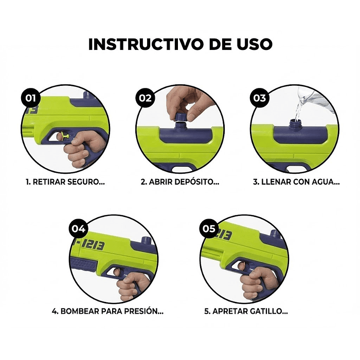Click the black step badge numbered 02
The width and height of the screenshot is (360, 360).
click(x=146, y=97)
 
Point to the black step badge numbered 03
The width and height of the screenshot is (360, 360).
click(x=260, y=97)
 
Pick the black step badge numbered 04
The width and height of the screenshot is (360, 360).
click(x=79, y=228)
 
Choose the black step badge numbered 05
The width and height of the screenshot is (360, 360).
click(x=209, y=228)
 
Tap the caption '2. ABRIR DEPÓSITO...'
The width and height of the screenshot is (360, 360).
click(x=180, y=182)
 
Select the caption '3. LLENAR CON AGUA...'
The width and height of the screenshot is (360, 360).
click(x=296, y=182)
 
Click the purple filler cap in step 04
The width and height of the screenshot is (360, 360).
click(x=147, y=242)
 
